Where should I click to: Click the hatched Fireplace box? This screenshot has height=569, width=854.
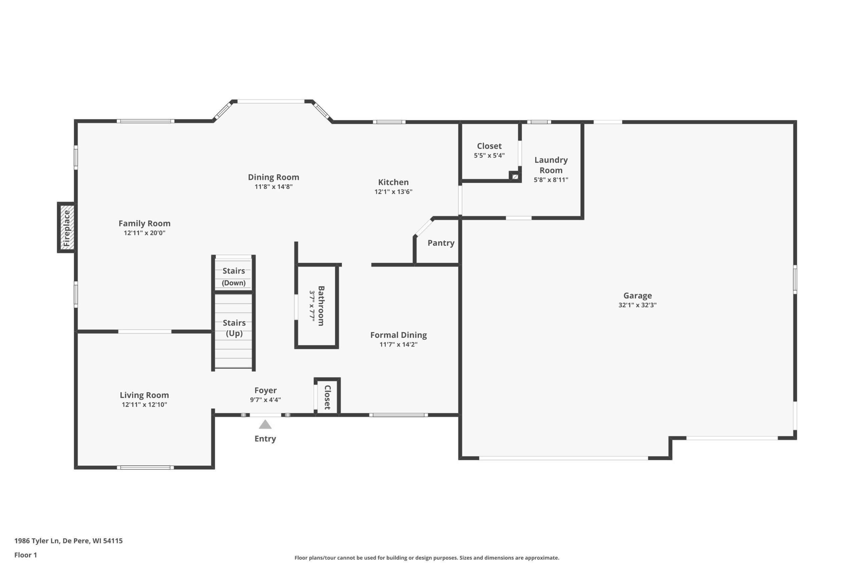[67, 228]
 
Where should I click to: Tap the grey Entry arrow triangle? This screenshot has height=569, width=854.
[265, 424]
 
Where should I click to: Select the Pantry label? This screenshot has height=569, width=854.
[441, 243]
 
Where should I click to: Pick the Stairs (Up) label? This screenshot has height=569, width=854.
[234, 328]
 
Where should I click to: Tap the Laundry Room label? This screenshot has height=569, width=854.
[551, 165]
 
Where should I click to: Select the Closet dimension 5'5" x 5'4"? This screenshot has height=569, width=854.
[489, 156]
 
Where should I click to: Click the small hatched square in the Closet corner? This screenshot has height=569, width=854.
[515, 177]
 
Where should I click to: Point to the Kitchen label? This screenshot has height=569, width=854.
[393, 182]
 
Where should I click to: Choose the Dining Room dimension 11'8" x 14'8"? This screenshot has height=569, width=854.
[274, 187]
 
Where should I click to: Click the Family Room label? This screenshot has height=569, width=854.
[144, 224]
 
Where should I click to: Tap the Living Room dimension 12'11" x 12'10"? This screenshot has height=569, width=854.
[144, 405]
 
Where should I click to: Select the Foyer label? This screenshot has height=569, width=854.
[266, 390]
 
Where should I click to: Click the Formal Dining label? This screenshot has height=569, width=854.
[398, 335]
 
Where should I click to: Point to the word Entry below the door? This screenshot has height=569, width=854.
[265, 439]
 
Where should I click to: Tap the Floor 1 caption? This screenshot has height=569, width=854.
[25, 555]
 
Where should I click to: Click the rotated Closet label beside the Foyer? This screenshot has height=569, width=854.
[327, 398]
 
